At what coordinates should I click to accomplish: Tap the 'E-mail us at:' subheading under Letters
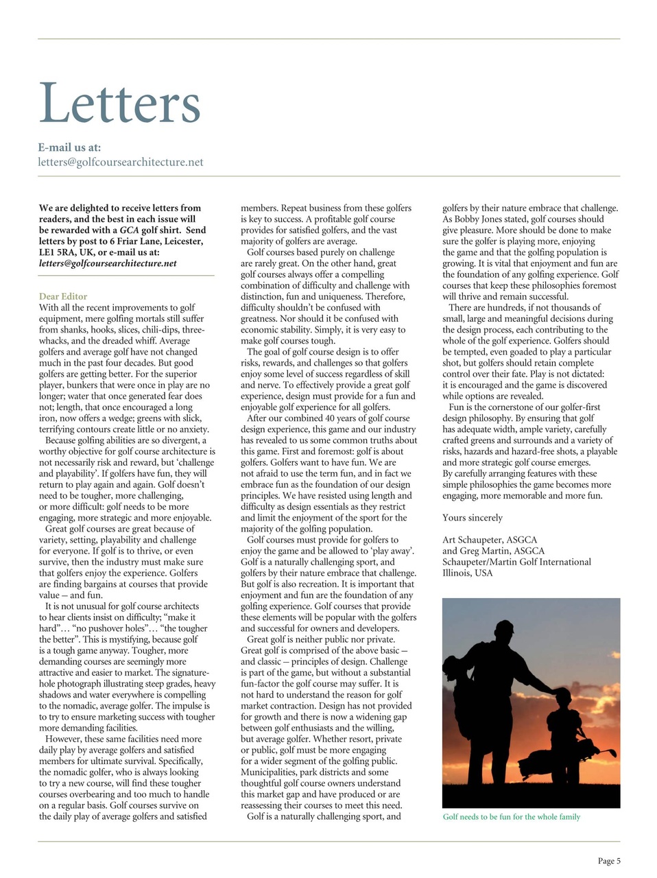69,147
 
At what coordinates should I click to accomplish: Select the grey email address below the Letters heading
121,163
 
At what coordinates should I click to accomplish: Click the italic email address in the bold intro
108,263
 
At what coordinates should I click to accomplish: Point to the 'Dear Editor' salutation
63,296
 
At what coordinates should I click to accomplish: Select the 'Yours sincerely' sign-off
473,518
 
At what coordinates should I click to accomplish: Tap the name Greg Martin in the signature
485,551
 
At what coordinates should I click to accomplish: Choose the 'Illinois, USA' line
468,573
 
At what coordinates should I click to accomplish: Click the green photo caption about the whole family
512,817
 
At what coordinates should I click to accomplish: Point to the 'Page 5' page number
609,861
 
